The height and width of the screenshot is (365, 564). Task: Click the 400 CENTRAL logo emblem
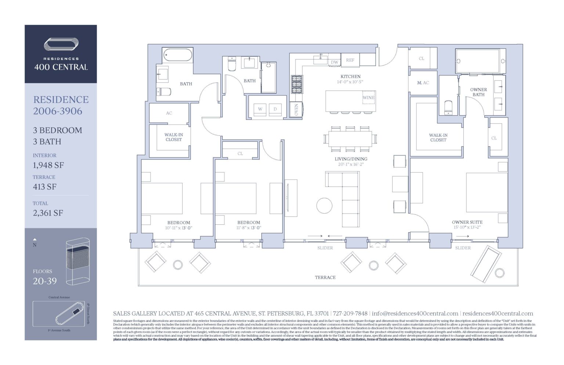click(x=61, y=44)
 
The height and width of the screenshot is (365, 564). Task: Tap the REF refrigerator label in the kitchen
click(x=350, y=60)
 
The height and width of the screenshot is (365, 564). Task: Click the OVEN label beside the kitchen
click(x=297, y=109)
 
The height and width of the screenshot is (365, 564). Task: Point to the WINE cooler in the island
click(x=368, y=98)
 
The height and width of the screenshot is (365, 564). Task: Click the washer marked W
click(x=260, y=109)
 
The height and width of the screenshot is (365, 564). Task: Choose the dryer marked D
click(x=275, y=109)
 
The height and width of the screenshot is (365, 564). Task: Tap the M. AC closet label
click(x=423, y=83)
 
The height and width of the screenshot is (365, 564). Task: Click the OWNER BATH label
click(x=478, y=92)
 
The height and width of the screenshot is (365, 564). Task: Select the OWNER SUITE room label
click(x=467, y=222)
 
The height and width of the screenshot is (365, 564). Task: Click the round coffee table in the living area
click(x=324, y=206)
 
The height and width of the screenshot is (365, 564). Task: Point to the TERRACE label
click(x=325, y=278)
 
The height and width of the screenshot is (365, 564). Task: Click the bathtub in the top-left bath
click(x=178, y=55)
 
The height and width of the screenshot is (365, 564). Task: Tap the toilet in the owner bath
click(x=448, y=108)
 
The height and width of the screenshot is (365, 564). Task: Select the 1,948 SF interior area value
click(x=48, y=165)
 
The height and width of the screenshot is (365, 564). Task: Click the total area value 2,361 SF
click(x=48, y=213)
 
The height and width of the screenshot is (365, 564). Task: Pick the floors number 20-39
click(x=45, y=281)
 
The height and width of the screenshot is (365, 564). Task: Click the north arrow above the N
click(x=35, y=239)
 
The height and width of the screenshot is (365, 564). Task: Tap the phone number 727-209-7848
click(x=350, y=314)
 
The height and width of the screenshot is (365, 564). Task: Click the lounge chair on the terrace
click(x=486, y=263)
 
